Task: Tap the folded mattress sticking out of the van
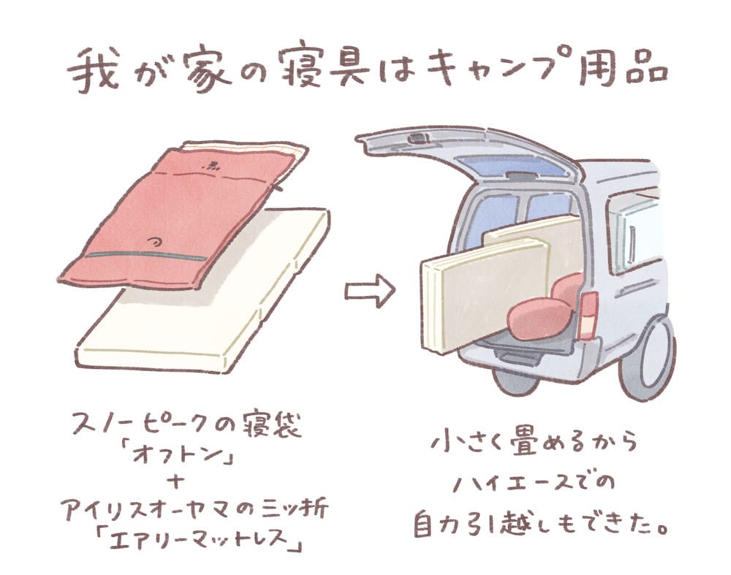[482, 292]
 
